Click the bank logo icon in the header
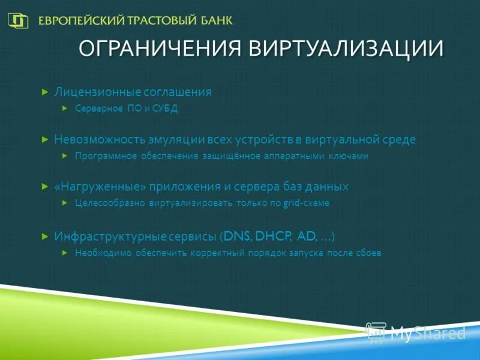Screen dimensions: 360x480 click(x=18, y=20)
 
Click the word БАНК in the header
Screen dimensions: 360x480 click(x=214, y=20)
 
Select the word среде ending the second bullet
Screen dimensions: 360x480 click(x=399, y=139)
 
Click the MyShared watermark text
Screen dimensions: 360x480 click(x=427, y=333)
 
